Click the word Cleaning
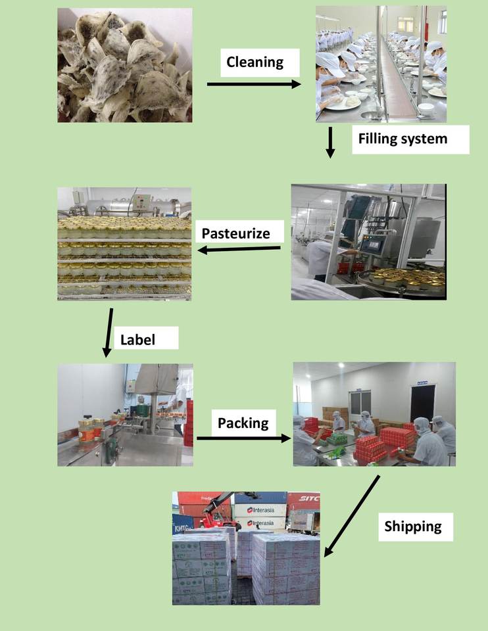tap(255, 62)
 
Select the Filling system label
tap(403, 139)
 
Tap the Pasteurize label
tap(235, 233)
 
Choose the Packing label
tap(243, 423)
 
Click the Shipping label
tap(413, 526)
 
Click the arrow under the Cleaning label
tap(254, 84)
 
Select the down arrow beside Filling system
tap(331, 143)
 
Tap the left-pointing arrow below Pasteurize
tap(239, 249)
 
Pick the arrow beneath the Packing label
tap(244, 438)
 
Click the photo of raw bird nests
tap(125, 65)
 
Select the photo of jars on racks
tap(124, 245)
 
